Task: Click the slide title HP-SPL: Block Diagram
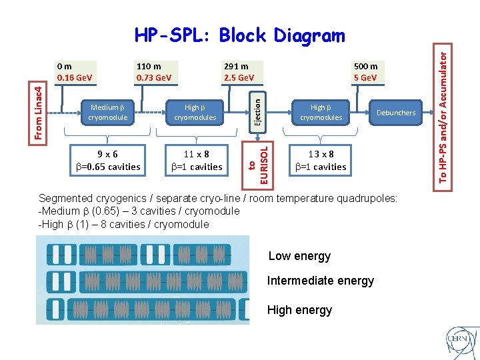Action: click(x=240, y=35)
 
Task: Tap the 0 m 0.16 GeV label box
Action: click(x=75, y=72)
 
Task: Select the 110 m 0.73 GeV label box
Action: click(x=154, y=72)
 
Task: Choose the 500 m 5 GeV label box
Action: click(x=365, y=72)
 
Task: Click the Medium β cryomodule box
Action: click(x=107, y=112)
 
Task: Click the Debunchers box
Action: click(x=395, y=113)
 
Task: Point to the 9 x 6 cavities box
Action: click(x=107, y=161)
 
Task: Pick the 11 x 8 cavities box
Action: click(x=197, y=161)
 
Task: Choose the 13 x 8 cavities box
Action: click(x=321, y=161)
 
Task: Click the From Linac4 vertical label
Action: click(x=41, y=112)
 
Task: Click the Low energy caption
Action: click(x=299, y=256)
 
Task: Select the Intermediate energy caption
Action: click(x=320, y=281)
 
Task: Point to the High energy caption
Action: click(x=299, y=310)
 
